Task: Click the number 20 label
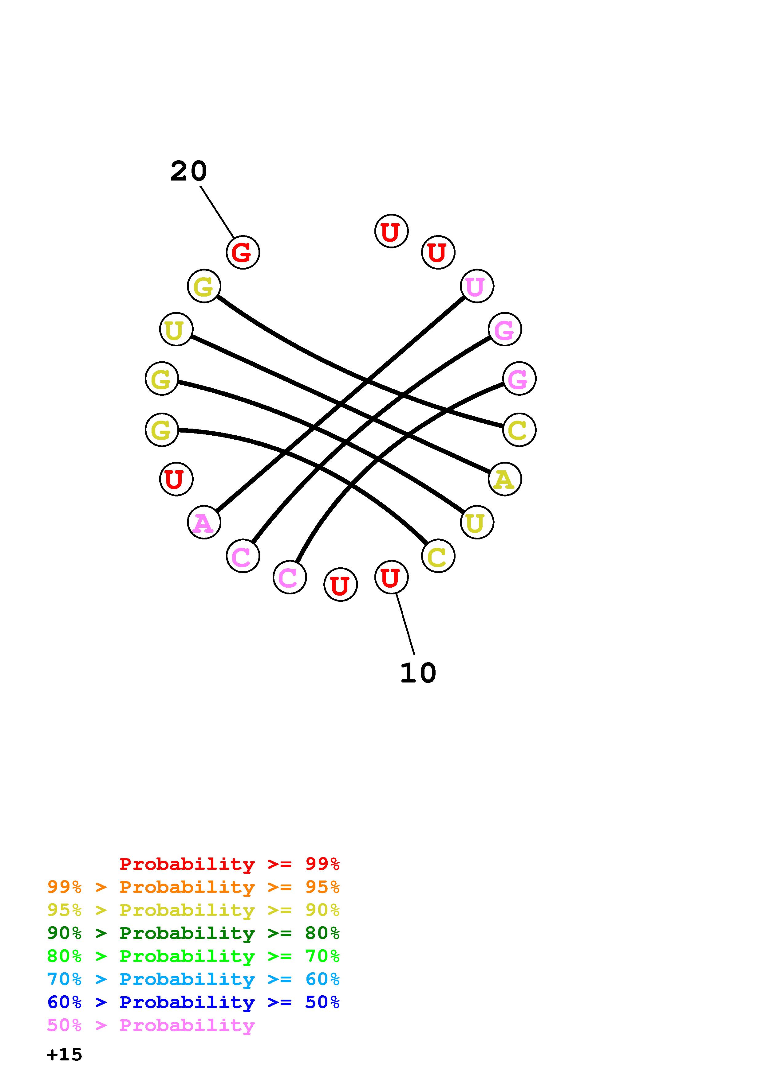coord(188,171)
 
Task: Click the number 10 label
coord(418,673)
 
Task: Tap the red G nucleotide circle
coord(243,252)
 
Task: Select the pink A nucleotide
coord(204,522)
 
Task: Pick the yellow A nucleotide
coord(505,479)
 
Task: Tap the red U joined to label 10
coord(391,577)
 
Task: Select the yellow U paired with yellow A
coord(176,329)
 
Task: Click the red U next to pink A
coord(176,479)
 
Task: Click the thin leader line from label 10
coord(405,624)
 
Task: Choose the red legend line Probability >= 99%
coord(229,864)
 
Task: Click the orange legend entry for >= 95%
coord(193,887)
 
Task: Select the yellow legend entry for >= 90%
coord(193,910)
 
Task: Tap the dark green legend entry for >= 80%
coord(193,933)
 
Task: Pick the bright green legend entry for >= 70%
coord(193,956)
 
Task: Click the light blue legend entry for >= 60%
coord(193,979)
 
